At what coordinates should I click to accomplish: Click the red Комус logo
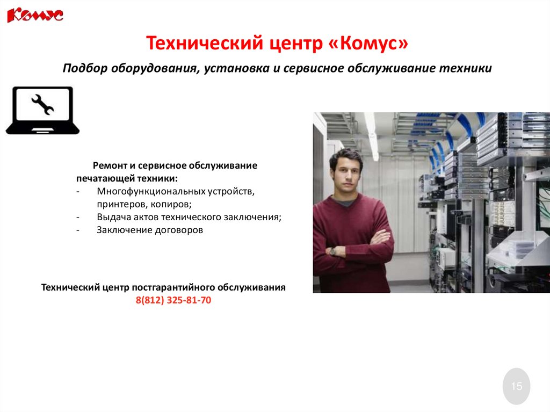coord(35,15)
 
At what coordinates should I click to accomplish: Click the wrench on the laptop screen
coord(42,104)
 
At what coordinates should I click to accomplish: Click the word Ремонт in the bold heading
coord(108,165)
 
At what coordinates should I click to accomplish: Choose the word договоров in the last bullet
coord(179,230)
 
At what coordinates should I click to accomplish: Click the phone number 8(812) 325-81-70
coord(173,301)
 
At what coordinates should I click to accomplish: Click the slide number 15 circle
coord(516,386)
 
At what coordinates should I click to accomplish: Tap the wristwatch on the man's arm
coord(332,250)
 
